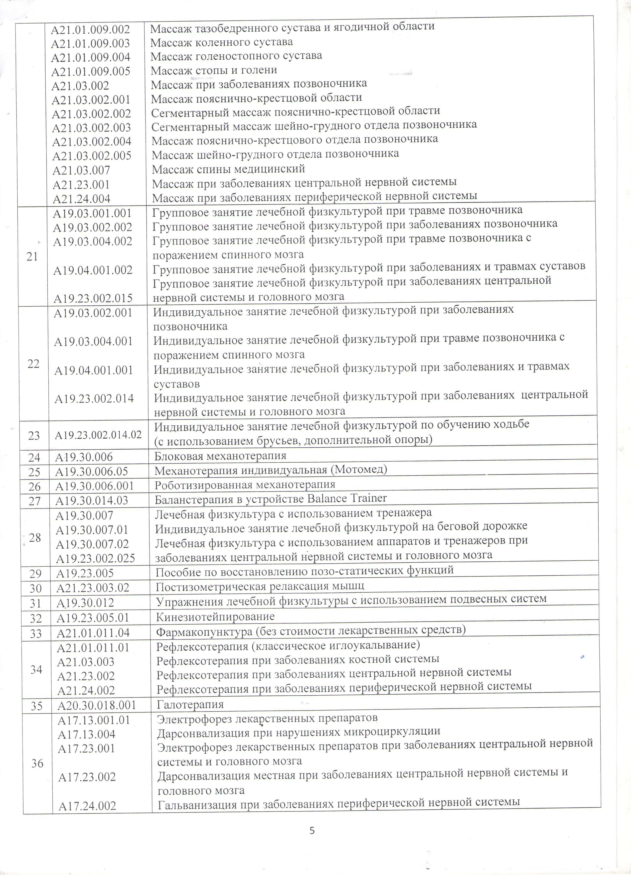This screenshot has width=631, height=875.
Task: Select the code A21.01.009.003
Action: coord(90,43)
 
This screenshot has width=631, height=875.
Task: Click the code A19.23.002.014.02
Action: coord(98,435)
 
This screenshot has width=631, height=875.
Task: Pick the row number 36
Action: coord(37,763)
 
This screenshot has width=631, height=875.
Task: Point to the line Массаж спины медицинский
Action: coord(228,169)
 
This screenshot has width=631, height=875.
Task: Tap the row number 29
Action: coord(35,574)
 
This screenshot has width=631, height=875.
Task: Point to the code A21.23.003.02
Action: coord(93,588)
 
